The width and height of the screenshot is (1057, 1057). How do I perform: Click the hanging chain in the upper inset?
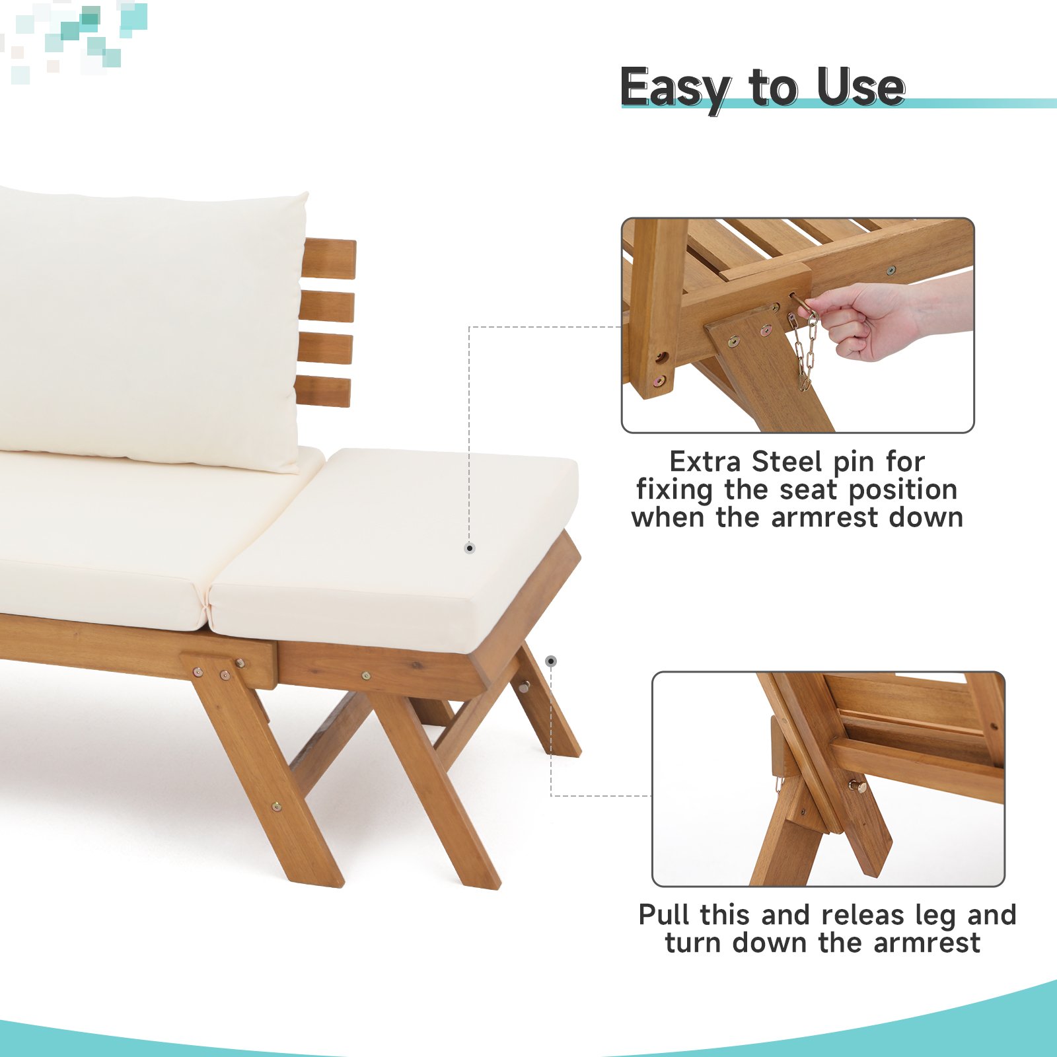pos(804,350)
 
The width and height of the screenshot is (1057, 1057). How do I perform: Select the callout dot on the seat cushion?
pos(470,548)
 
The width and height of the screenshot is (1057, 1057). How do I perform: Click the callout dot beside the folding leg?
pos(551,661)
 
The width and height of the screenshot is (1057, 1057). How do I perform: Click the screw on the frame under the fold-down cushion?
pos(366,676)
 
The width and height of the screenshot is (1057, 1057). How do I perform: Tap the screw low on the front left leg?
pos(276,806)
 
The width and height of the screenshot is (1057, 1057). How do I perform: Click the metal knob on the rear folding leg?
pos(523,687)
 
